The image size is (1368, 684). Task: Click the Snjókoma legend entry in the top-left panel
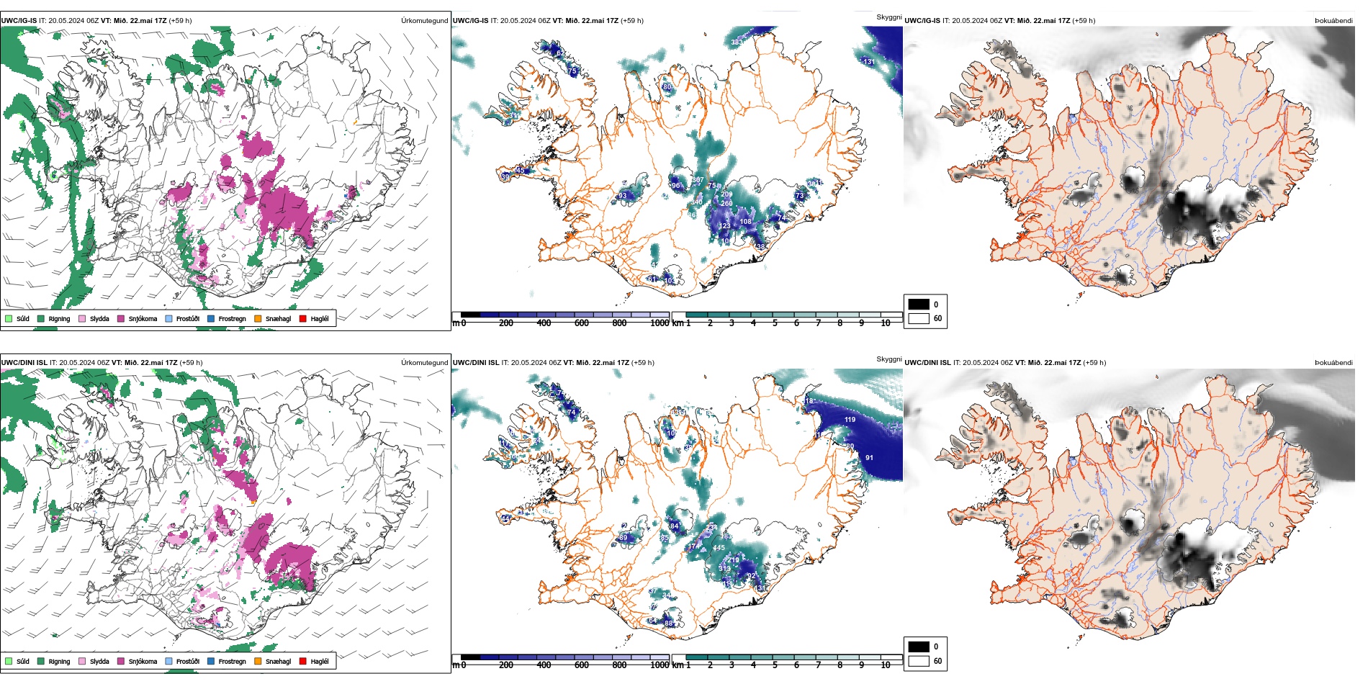pyautogui.click(x=143, y=318)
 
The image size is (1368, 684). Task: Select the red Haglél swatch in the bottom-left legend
pyautogui.click(x=303, y=661)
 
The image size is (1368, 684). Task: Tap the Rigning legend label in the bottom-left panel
pyautogui.click(x=59, y=661)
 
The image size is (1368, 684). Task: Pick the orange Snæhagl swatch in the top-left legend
pyautogui.click(x=258, y=318)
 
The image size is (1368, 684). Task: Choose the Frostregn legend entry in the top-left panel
pyautogui.click(x=232, y=318)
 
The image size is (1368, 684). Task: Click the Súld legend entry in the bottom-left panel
pyautogui.click(x=22, y=661)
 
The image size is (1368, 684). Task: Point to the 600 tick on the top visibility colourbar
pyautogui.click(x=582, y=323)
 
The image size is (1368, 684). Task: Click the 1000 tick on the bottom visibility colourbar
pyautogui.click(x=660, y=665)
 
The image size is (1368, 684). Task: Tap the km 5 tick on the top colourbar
pyautogui.click(x=775, y=323)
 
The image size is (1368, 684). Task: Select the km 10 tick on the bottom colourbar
pyautogui.click(x=886, y=665)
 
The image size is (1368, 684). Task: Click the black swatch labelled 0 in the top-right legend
pyautogui.click(x=919, y=305)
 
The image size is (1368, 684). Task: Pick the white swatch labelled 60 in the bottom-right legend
pyautogui.click(x=919, y=661)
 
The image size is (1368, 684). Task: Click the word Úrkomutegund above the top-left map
pyautogui.click(x=424, y=21)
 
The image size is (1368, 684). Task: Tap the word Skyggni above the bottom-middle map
pyautogui.click(x=888, y=359)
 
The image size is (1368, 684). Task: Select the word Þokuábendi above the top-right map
pyautogui.click(x=1333, y=21)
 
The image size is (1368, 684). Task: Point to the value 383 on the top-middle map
pyautogui.click(x=737, y=42)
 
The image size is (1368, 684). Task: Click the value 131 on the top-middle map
pyautogui.click(x=869, y=62)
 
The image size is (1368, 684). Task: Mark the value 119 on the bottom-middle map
pyautogui.click(x=850, y=419)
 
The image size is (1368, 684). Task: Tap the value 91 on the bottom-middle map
pyautogui.click(x=869, y=457)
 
